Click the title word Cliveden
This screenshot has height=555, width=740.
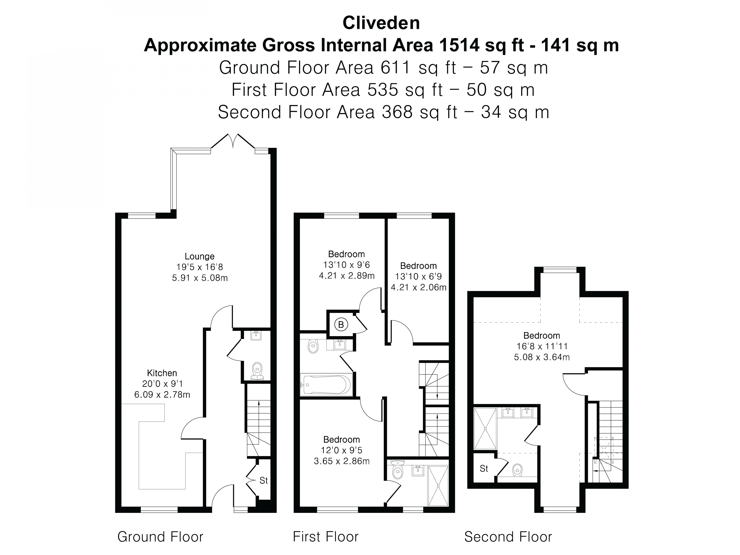coord(381,23)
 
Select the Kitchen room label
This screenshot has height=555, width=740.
coord(162,373)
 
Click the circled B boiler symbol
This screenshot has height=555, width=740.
coord(341,324)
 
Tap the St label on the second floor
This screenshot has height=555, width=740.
coord(484,469)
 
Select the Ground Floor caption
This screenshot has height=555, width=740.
coord(160,537)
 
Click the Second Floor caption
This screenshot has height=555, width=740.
coord(508,537)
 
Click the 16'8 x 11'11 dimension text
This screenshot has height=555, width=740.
coord(542,346)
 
